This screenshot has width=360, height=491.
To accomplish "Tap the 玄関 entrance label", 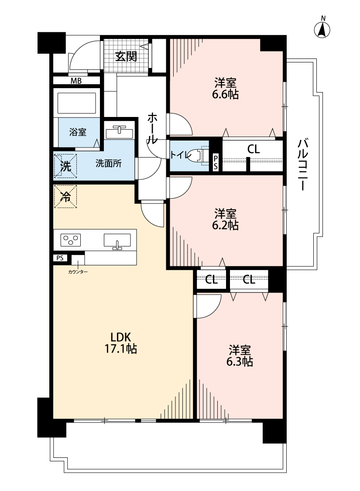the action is [x=126, y=56].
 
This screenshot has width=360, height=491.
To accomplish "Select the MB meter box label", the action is [x=76, y=81].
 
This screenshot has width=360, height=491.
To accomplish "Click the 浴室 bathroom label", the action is [x=78, y=132].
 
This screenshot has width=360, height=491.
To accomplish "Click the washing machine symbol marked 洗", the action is [x=65, y=166].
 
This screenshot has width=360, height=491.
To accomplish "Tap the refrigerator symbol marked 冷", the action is [x=65, y=197].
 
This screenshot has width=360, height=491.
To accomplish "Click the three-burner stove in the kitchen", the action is [x=71, y=240].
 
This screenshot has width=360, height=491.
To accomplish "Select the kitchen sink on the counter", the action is [x=117, y=241].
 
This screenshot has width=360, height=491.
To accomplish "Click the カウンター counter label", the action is [x=78, y=272].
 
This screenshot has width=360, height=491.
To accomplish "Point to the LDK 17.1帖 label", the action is [x=120, y=343].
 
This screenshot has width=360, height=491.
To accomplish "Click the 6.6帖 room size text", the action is [x=225, y=94].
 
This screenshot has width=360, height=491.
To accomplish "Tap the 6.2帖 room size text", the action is [x=225, y=225].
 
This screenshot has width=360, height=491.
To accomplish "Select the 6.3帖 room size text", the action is [x=240, y=361].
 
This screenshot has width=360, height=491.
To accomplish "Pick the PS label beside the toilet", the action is [x=216, y=162].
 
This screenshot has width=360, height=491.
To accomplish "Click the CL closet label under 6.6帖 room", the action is [x=253, y=149].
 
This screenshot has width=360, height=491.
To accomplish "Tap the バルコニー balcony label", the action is [x=303, y=165].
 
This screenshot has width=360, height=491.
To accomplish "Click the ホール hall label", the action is [x=152, y=128].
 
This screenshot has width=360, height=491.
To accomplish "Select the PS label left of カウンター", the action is [x=60, y=258].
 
